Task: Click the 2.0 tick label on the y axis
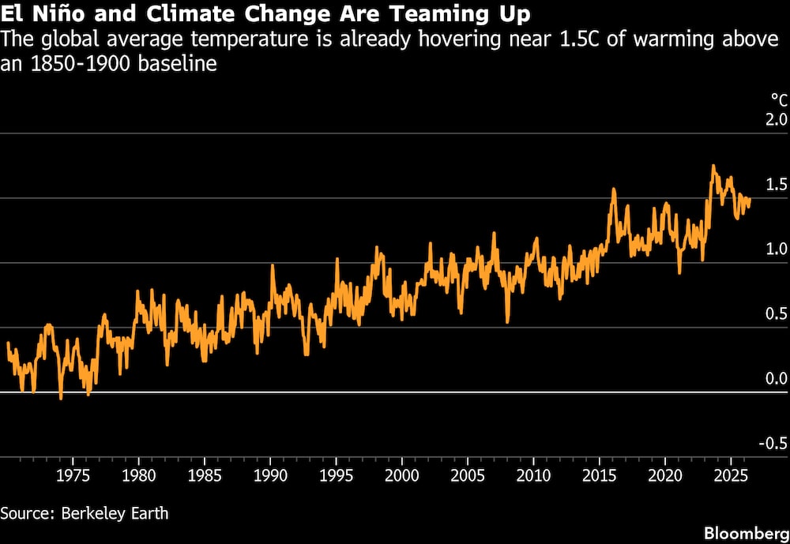[x=777, y=120]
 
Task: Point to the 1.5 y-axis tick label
[x=777, y=185]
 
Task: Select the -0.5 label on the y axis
[x=774, y=444]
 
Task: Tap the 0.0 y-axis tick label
[x=777, y=379]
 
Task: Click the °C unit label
[x=779, y=100]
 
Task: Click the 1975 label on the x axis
[x=73, y=475]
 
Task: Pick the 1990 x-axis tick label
[x=270, y=475]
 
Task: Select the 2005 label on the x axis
[x=468, y=475]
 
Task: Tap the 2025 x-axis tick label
[x=731, y=475]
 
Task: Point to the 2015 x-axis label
[x=599, y=475]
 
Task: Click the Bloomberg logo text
[x=747, y=534]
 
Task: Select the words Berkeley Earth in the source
[x=115, y=513]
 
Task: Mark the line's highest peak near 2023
[x=713, y=166]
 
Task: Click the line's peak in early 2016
[x=614, y=189]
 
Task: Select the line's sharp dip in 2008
[x=507, y=321]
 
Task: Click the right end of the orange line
[x=750, y=200]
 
